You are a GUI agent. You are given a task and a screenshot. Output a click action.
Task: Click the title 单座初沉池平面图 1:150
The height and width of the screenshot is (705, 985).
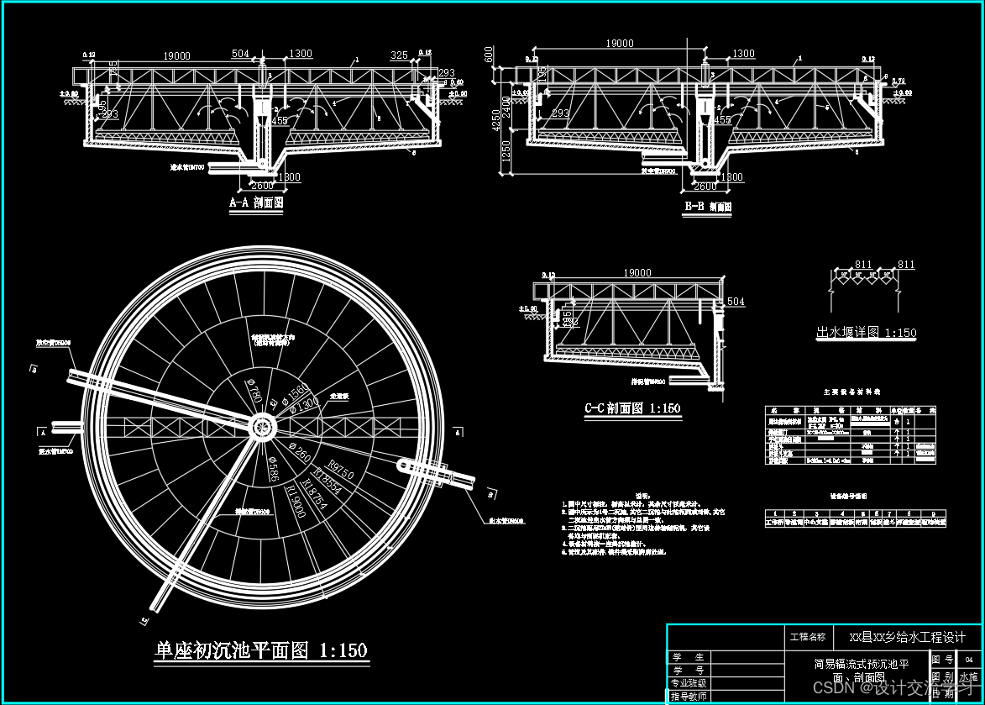click(261, 650)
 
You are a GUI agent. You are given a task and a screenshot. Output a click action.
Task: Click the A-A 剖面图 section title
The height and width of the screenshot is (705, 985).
click(257, 203)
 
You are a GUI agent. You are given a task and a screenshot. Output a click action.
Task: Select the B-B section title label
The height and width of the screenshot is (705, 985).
click(707, 206)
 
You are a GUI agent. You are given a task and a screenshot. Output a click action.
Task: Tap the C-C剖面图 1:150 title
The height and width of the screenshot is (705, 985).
click(632, 409)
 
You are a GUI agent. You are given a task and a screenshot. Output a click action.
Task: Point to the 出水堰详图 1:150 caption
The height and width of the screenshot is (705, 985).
click(866, 333)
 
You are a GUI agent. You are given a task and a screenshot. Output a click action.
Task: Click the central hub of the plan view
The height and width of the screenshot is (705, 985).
click(263, 426)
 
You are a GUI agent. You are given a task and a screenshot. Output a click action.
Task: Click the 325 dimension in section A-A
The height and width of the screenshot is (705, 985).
click(400, 55)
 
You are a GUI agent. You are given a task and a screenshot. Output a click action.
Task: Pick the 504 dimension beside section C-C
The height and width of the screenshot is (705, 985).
click(736, 302)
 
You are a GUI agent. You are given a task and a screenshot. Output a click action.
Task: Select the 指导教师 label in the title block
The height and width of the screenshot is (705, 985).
click(689, 696)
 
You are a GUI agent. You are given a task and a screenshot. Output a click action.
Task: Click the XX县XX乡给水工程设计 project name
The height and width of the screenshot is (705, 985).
click(907, 637)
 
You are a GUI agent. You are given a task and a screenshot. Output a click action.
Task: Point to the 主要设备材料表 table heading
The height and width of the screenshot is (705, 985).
click(848, 392)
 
